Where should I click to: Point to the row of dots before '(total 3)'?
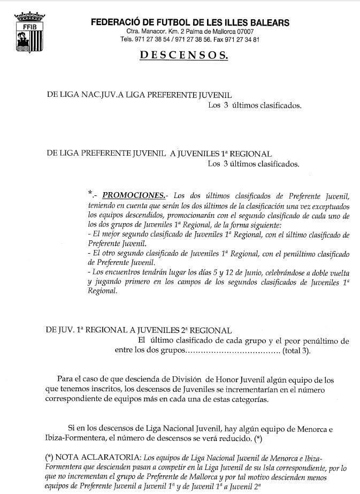pos(232,352)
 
